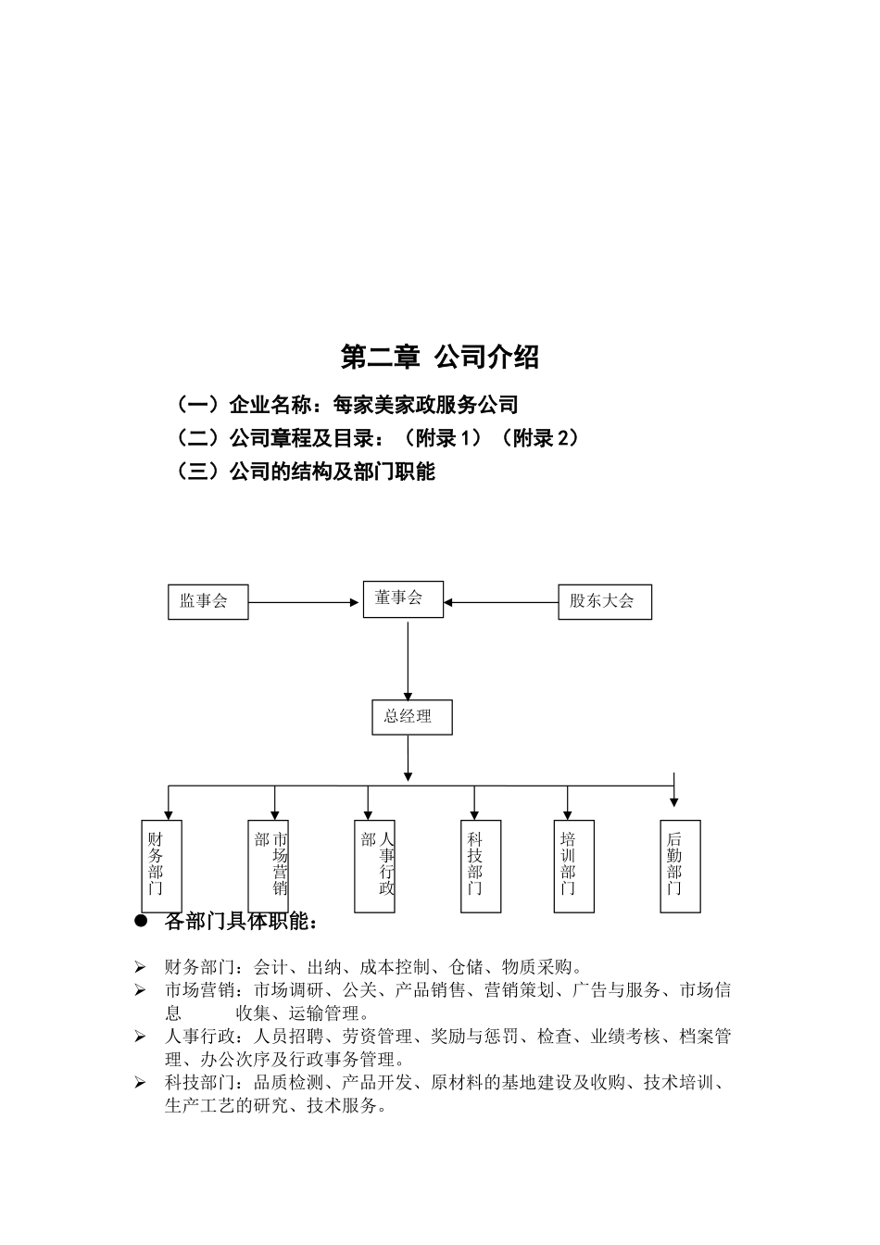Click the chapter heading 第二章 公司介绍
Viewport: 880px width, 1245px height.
coord(440,357)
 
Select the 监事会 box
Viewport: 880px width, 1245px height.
coord(207,601)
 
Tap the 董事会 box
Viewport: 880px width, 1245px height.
coord(403,598)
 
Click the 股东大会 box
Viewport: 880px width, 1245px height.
coord(604,601)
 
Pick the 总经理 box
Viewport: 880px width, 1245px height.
coord(411,717)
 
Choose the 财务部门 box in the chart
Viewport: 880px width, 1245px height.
coord(161,865)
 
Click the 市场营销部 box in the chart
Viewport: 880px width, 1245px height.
coord(269,865)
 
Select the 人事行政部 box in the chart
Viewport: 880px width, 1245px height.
coord(374,865)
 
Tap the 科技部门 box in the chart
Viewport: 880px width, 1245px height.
coord(481,865)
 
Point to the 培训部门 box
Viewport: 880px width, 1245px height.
coord(573,865)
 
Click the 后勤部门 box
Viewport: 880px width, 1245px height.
coord(680,865)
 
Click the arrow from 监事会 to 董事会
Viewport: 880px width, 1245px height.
coord(304,602)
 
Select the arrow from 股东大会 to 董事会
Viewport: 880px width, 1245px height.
coord(501,602)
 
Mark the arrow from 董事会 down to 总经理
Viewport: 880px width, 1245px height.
coord(408,660)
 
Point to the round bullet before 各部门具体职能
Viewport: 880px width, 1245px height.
coord(142,921)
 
